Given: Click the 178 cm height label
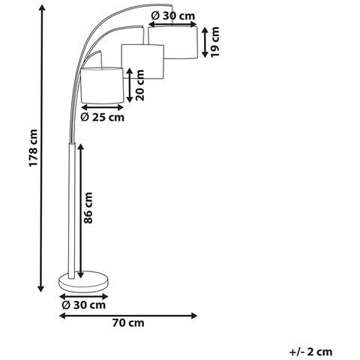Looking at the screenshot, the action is coord(34,148).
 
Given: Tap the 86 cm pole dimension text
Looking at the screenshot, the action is coord(88,208).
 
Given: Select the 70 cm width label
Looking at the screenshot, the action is coord(128,323).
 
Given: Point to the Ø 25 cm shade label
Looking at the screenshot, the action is coord(103,117).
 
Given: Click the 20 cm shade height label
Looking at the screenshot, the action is coord(139,85).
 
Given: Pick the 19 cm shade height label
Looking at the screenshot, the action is coord(214,42).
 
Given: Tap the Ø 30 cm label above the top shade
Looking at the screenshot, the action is coord(173,16).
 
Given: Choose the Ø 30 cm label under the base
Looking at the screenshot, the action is coord(84,305).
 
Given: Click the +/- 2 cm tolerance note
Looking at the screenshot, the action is coord(311,352).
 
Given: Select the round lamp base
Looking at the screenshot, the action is coord(83,282).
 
